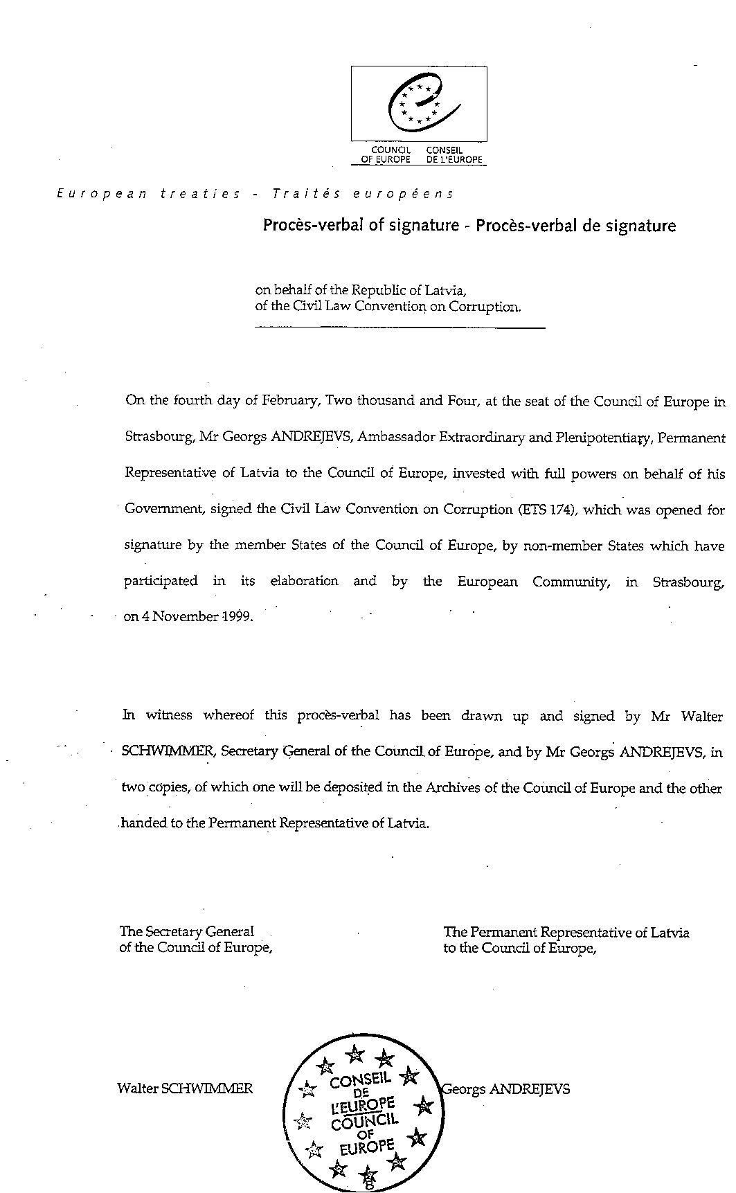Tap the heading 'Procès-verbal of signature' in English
click(x=361, y=225)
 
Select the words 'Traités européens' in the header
click(x=363, y=195)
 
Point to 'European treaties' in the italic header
click(x=148, y=195)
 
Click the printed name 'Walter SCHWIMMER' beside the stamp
click(x=185, y=1088)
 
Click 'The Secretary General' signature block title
click(x=186, y=932)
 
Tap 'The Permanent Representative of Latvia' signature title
click(x=566, y=932)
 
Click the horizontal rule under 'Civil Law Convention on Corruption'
click(x=400, y=327)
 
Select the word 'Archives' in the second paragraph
click(x=450, y=788)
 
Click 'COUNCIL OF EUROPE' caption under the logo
click(x=391, y=154)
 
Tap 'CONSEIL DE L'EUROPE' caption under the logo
click(x=454, y=154)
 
